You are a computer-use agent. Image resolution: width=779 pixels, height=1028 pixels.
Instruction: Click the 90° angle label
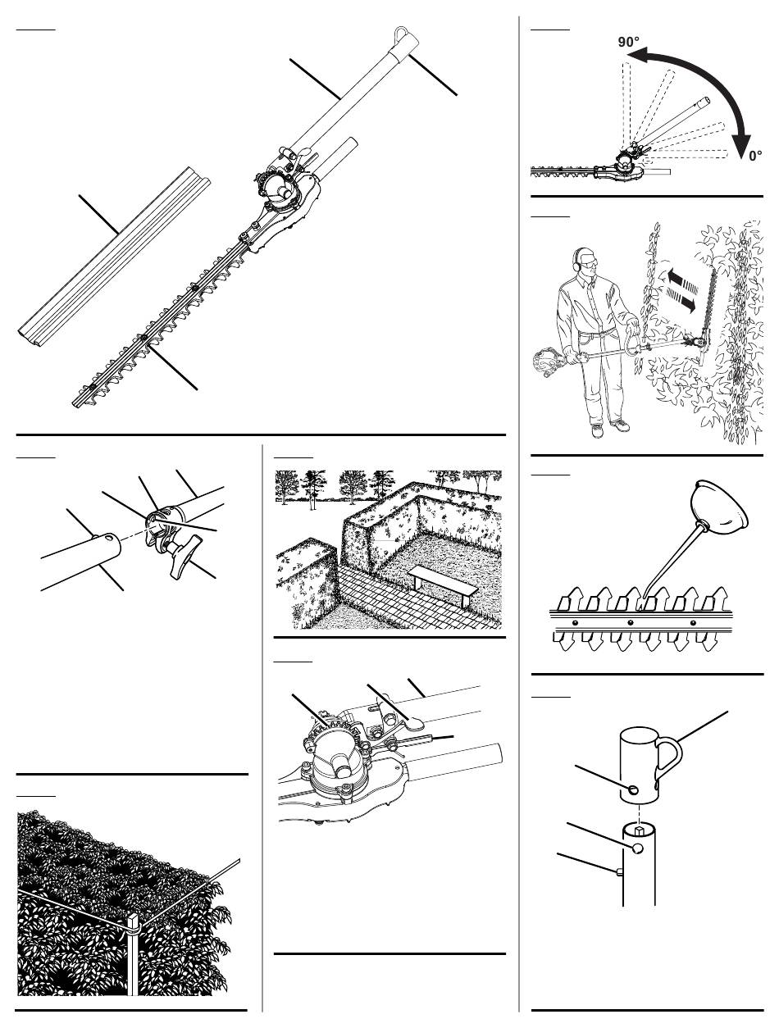tap(628, 42)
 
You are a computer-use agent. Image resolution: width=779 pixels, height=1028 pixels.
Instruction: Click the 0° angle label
tap(755, 156)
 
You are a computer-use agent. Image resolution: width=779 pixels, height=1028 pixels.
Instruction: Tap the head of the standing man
tap(585, 263)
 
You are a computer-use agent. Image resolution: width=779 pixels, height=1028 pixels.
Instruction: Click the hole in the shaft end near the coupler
tap(111, 539)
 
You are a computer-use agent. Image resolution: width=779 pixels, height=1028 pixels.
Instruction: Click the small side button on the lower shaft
tap(619, 871)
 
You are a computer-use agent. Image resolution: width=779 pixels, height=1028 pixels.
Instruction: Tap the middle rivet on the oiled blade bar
tap(630, 622)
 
